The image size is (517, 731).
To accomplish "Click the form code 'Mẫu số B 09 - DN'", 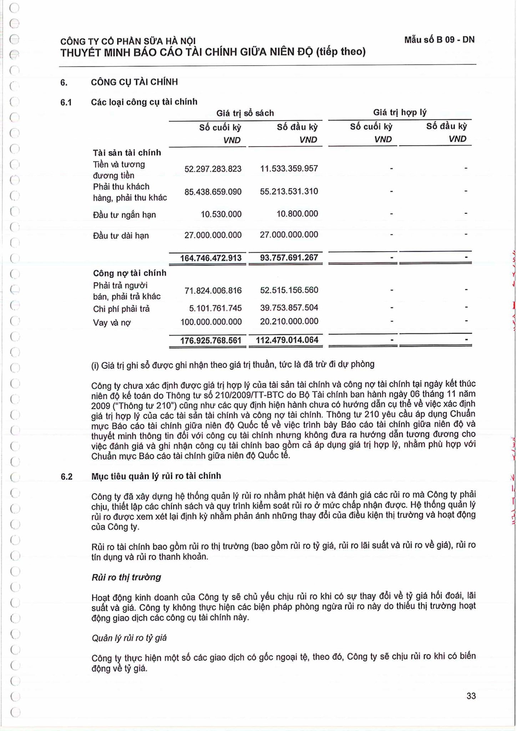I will coord(439,40).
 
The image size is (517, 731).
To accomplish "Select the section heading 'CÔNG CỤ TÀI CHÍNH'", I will coord(134,82).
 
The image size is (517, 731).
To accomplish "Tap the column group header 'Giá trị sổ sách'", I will coord(245,113).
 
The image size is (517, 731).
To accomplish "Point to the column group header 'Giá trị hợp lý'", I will coord(400,112).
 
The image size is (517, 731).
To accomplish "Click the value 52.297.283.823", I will coord(213,169).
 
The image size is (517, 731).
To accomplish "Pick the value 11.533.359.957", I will coord(289,168).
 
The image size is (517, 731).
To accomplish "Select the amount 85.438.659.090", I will coord(213,192).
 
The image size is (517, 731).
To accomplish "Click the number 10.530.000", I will coord(221,214).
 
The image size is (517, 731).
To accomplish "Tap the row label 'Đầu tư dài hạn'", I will coord(121,236).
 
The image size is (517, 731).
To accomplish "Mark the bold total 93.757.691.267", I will coord(289,257).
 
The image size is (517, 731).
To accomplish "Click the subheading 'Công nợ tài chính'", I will coord(130,273).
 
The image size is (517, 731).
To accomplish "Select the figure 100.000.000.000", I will coord(211,322).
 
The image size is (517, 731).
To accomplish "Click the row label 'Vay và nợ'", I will coord(112,323).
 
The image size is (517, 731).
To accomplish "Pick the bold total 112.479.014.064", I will coord(287,340).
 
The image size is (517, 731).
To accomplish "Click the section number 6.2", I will coord(66,477).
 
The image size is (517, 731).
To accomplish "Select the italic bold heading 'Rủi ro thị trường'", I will coord(126,577).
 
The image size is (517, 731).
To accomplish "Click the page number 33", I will coord(471,696).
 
